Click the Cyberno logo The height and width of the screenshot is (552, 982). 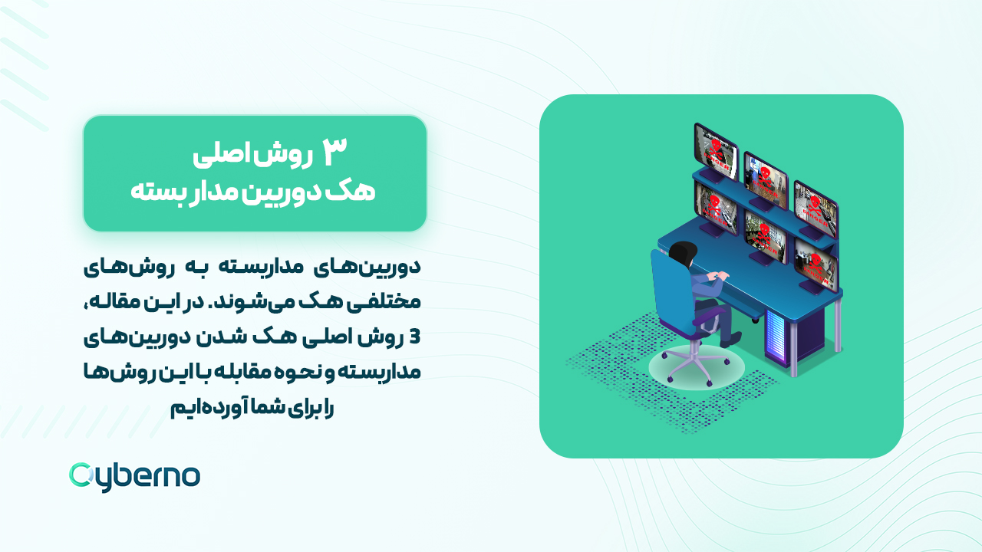tap(134, 476)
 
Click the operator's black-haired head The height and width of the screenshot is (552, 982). tap(682, 254)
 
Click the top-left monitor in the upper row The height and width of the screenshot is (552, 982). tap(715, 149)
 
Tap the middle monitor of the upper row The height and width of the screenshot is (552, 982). tap(765, 176)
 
